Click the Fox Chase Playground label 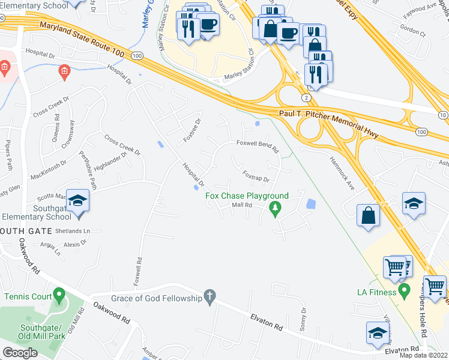click(247, 196)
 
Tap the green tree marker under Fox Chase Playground click(276, 209)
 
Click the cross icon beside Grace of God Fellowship click(209, 296)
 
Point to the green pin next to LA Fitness click(404, 292)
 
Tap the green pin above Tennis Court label click(58, 295)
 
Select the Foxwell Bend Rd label click(258, 144)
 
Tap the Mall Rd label click(241, 205)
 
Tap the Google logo click(20, 352)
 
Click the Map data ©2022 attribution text click(424, 355)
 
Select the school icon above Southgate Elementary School click(77, 201)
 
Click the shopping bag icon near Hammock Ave click(367, 215)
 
